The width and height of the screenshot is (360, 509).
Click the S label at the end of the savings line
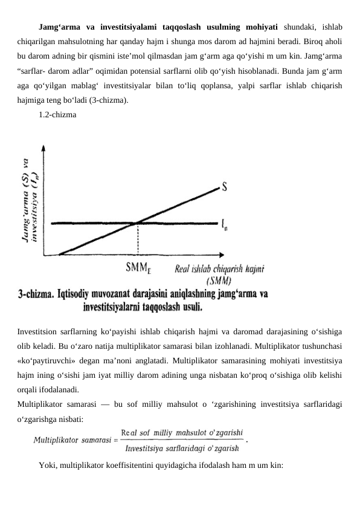(225, 187)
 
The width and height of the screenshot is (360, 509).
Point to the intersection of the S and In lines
(138, 223)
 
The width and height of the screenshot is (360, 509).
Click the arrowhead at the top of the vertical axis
(43, 148)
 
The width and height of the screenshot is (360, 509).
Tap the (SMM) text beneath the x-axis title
(218, 280)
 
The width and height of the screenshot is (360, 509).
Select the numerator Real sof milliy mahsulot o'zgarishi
(182, 433)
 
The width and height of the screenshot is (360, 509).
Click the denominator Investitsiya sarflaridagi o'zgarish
(182, 448)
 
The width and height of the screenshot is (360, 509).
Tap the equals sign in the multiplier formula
(114, 441)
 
